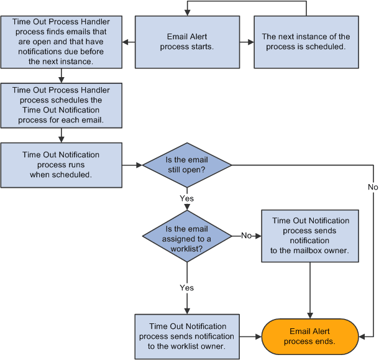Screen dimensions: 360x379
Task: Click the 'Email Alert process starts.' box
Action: pos(187,42)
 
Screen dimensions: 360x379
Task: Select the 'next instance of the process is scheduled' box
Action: pos(306,42)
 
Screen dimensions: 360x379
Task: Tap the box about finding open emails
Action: pos(61,42)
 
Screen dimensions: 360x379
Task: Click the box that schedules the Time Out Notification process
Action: pos(61,105)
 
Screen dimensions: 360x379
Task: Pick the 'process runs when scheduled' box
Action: pos(61,165)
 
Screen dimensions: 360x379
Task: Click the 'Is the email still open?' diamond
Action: pos(187,165)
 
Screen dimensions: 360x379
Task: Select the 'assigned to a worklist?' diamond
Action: pos(187,236)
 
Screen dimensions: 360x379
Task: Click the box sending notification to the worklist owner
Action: pos(187,336)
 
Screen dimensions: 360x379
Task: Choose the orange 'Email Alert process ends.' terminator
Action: pos(309,336)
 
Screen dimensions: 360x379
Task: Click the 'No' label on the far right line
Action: pos(372,187)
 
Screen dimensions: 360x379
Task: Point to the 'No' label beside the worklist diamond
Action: pos(246,236)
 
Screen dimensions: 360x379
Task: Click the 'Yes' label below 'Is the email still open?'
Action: pos(186,199)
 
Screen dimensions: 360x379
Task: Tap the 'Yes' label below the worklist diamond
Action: pos(186,288)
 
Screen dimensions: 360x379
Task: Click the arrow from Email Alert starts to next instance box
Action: pos(247,42)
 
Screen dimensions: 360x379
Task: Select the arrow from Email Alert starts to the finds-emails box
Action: pos(128,42)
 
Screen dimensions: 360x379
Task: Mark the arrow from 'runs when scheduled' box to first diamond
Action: pos(132,165)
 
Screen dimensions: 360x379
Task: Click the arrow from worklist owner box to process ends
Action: pos(250,336)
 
